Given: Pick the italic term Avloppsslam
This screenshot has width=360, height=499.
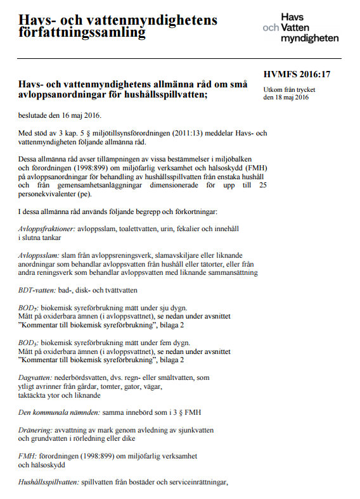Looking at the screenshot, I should [38, 255].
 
